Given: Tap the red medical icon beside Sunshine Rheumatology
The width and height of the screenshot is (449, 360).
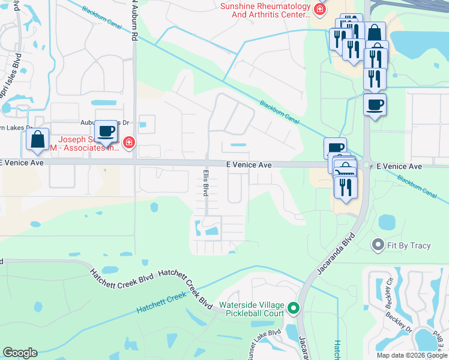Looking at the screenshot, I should pos(321,9).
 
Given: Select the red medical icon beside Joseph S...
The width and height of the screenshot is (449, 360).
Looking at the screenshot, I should pos(128,142).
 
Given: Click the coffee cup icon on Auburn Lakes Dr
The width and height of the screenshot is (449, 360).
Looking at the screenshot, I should pos(106,130).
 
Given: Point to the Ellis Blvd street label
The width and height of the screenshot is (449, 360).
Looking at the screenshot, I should pos(205,182).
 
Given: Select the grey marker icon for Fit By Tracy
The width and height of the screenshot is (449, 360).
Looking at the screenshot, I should pos(378,244).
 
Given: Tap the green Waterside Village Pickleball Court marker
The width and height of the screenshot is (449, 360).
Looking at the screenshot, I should pos(294,308).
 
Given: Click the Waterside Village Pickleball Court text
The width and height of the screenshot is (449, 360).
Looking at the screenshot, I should pos(251,308).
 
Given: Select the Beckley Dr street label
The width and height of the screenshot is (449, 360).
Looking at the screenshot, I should pos(400,322).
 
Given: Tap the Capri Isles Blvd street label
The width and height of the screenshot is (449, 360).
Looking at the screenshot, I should pos(10,74).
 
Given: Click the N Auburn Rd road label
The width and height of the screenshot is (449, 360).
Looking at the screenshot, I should pos(136,21).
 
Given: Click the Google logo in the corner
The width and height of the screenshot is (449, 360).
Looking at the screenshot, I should pos(20,353).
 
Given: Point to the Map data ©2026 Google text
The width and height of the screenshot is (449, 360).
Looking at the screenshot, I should pos(411,355).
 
